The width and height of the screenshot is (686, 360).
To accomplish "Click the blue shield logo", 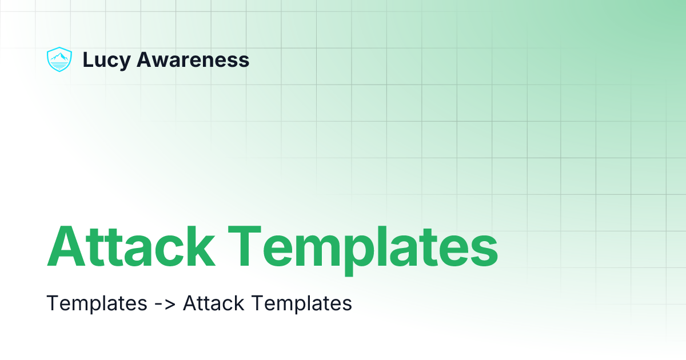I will point(59,59).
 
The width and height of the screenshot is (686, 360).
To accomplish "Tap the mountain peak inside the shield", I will point(59,56).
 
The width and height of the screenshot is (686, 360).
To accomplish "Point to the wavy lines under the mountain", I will point(59,65).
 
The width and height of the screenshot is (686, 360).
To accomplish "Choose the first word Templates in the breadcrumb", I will point(97,303).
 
